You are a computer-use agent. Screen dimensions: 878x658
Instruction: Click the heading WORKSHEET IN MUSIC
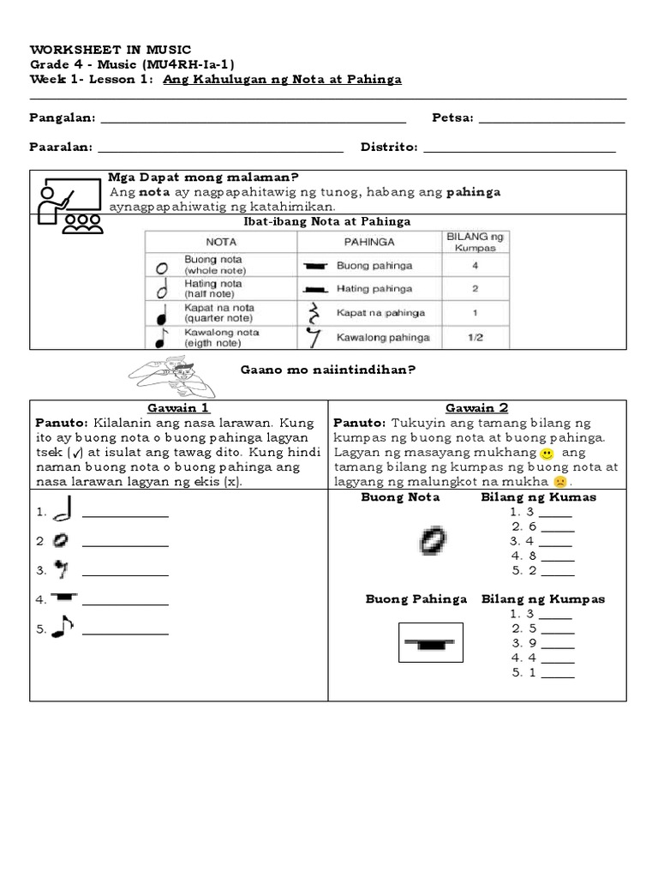[x=111, y=49]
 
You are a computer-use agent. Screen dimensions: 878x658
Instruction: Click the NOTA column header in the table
[x=221, y=242]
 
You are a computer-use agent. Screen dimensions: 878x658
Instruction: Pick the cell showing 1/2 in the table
[x=475, y=338]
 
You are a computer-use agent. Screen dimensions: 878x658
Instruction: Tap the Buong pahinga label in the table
[x=374, y=266]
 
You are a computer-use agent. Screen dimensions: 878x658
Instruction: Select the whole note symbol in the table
[x=161, y=267]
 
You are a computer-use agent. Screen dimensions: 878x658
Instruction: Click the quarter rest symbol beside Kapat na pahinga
[x=314, y=313]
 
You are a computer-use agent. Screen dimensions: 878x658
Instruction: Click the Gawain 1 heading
[x=178, y=408]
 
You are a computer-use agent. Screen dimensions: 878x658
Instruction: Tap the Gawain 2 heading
[x=476, y=408]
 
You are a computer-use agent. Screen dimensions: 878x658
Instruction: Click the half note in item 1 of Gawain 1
[x=62, y=512]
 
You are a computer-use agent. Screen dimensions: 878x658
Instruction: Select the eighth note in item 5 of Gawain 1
[x=63, y=627]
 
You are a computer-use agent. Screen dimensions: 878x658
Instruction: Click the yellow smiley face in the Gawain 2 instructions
[x=547, y=453]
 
